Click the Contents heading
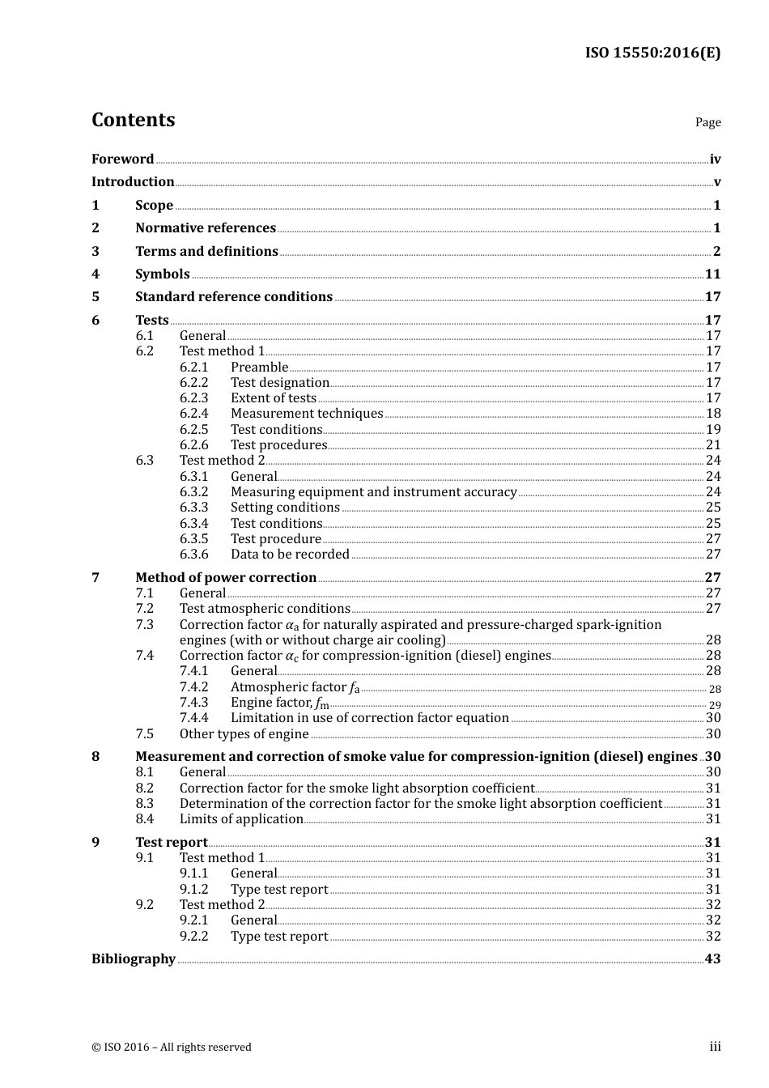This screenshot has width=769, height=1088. [133, 120]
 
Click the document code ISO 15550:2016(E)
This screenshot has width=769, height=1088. [652, 53]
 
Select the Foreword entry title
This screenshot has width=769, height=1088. [122, 159]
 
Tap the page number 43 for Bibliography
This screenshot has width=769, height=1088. [712, 959]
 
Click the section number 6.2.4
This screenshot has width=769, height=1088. [193, 414]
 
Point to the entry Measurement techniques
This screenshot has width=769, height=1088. [307, 414]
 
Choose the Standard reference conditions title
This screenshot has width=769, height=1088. [234, 297]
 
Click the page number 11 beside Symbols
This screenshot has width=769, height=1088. [712, 274]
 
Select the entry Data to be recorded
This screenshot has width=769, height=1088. [290, 555]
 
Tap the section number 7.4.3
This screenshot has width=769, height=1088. [193, 703]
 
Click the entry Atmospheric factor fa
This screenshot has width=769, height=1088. [295, 687]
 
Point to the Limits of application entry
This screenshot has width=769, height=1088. [241, 819]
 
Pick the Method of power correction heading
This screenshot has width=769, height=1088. [226, 578]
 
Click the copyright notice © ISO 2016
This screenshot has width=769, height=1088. [171, 1047]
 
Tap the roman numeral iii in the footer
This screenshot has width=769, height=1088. [715, 1047]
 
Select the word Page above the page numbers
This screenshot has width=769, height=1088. [707, 122]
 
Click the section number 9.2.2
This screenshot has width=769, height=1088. [193, 937]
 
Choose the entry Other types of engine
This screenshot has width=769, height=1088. [244, 734]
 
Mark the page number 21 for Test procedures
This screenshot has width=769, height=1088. [713, 445]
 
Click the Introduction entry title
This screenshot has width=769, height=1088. [133, 182]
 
